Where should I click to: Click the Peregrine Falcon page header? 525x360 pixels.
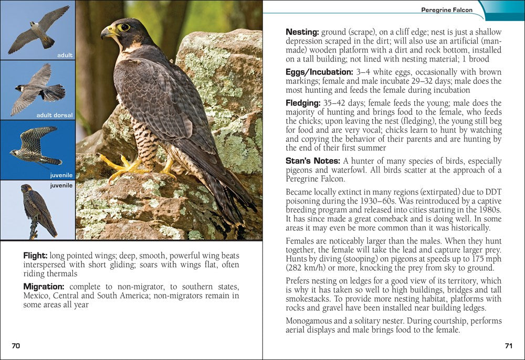pyautogui.click(x=447, y=10)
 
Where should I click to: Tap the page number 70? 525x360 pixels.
pyautogui.click(x=16, y=346)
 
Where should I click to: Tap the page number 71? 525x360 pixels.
pyautogui.click(x=508, y=346)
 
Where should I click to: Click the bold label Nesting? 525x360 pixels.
pyautogui.click(x=302, y=32)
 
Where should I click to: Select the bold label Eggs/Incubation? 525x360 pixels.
pyautogui.click(x=319, y=72)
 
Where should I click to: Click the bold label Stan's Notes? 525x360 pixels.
pyautogui.click(x=313, y=161)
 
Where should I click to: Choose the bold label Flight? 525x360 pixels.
pyautogui.click(x=35, y=256)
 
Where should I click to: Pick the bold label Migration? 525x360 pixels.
pyautogui.click(x=44, y=287)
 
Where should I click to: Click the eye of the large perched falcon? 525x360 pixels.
pyautogui.click(x=124, y=27)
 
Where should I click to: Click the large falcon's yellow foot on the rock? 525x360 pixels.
pyautogui.click(x=120, y=167)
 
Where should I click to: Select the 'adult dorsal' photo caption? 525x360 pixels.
pyautogui.click(x=55, y=115)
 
